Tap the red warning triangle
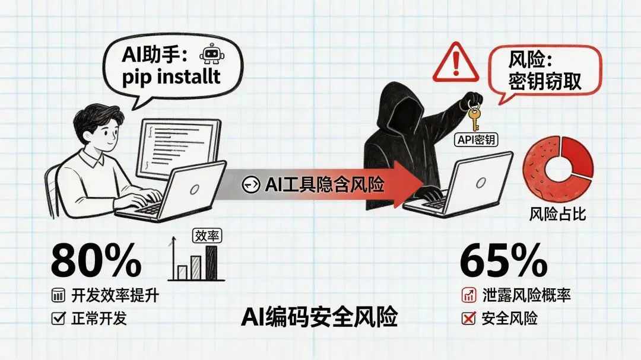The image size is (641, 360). [454, 63]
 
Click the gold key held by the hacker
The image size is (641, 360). [474, 117]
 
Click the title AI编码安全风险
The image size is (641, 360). [319, 317]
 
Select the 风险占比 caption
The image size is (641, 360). [557, 214]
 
